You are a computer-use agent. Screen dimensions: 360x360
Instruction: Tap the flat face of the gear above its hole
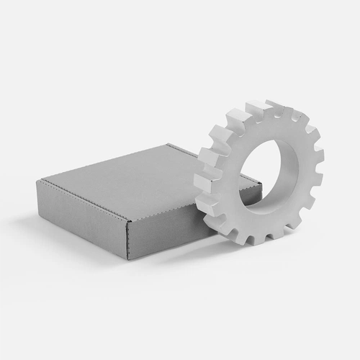[x=259, y=130]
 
